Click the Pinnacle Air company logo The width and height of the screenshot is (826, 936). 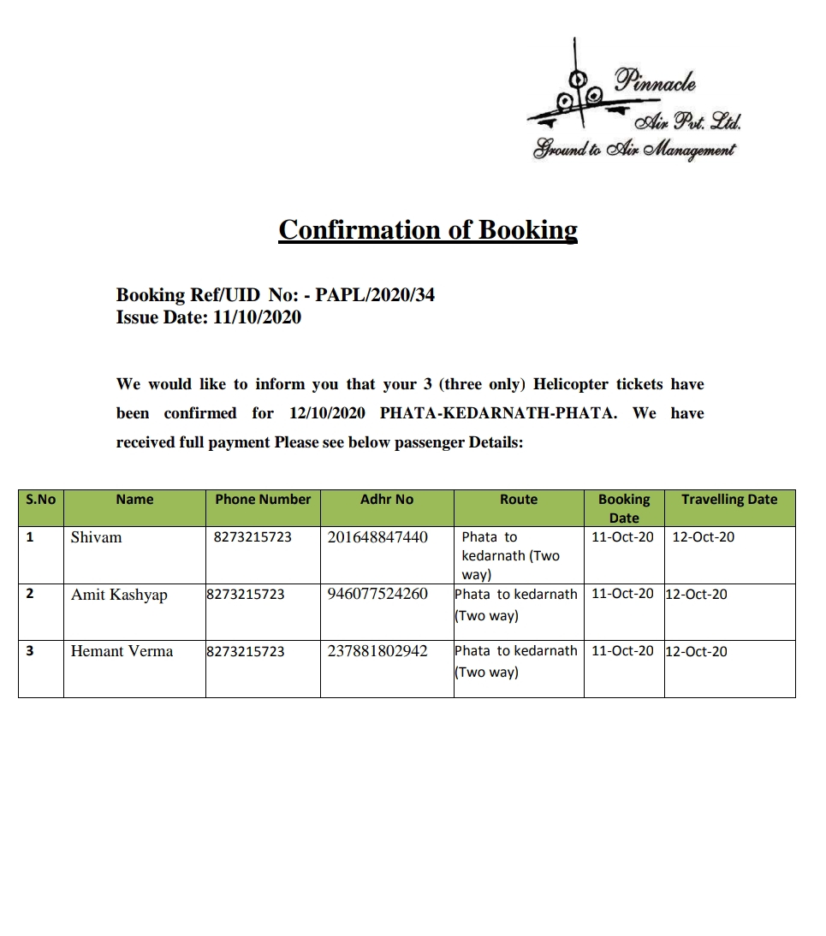point(634,103)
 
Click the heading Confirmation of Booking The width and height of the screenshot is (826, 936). point(428,229)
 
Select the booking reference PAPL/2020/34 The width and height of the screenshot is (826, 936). point(375,295)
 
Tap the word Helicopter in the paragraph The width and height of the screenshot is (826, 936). point(571,384)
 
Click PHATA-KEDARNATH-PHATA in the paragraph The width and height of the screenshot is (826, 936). point(497,413)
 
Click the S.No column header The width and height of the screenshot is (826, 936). point(40,500)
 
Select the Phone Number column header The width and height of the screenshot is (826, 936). point(263,500)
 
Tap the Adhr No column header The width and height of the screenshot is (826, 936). point(387,500)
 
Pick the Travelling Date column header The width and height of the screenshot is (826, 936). point(729,500)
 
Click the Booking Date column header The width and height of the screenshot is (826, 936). point(624,508)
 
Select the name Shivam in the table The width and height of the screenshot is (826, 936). point(96,537)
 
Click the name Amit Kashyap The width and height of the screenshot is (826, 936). point(119,595)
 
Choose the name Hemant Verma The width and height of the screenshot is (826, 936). point(122,651)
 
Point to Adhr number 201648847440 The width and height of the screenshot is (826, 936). point(377,537)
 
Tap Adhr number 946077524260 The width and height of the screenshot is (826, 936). point(377,594)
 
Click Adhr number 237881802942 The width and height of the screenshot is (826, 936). point(377,651)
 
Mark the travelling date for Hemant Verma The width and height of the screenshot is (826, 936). point(696,652)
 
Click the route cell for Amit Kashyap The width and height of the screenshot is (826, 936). point(516,604)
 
